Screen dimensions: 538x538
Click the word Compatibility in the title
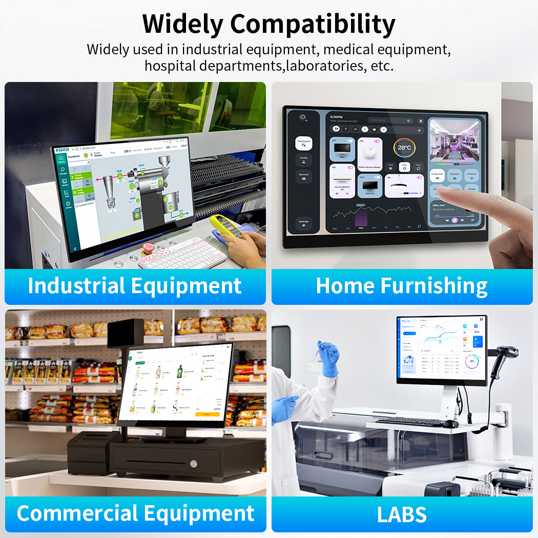pos(313,24)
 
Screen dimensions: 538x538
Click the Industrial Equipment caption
pos(135,286)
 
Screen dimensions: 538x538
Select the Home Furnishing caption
pos(402,286)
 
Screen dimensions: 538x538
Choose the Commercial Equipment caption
pos(135,513)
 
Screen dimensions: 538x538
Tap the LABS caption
pos(402,514)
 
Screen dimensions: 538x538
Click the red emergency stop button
pos(148,249)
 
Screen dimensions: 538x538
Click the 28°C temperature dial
pos(404,148)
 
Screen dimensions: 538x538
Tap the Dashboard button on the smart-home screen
pos(304,143)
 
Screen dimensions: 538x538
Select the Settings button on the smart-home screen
pos(304,223)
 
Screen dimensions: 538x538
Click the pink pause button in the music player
pos(454,220)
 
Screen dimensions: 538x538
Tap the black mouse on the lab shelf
pos(450,424)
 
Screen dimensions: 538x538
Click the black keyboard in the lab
pos(410,422)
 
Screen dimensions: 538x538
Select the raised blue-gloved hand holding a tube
pos(328,356)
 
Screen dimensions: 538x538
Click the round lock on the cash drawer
pos(193,464)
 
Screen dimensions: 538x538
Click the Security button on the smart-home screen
pos(304,176)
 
